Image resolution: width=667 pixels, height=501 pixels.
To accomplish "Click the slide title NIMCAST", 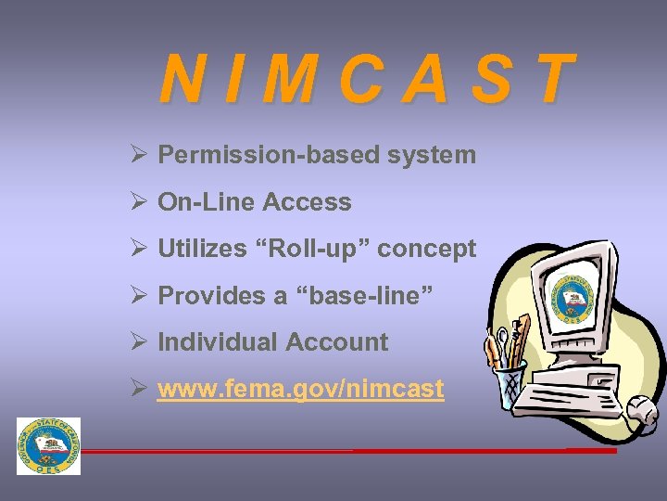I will [x=367, y=79].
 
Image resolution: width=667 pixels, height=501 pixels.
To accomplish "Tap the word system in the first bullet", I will [x=432, y=155].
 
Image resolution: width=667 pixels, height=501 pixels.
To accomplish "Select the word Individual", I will [x=217, y=342].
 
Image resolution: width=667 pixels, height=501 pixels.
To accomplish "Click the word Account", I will [x=336, y=342].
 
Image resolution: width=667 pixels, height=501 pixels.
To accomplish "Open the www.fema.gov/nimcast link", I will [x=301, y=389].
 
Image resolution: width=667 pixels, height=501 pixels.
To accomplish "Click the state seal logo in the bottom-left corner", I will [x=48, y=446].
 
